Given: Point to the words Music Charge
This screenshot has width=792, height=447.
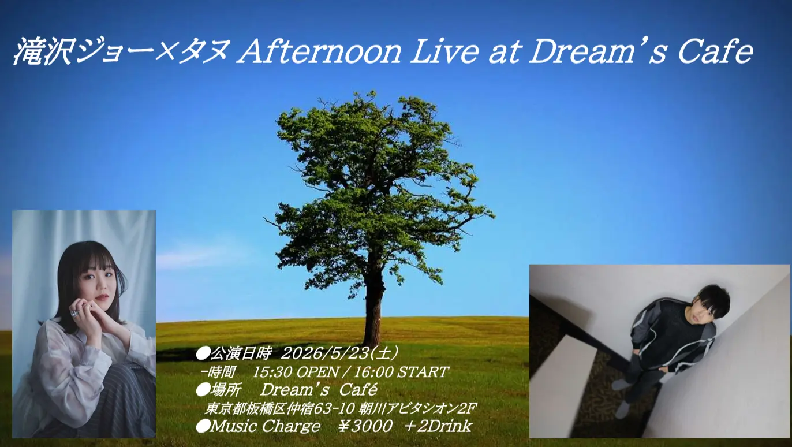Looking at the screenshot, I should pyautogui.click(x=265, y=427).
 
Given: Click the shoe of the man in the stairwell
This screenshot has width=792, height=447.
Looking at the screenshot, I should pyautogui.click(x=622, y=409).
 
